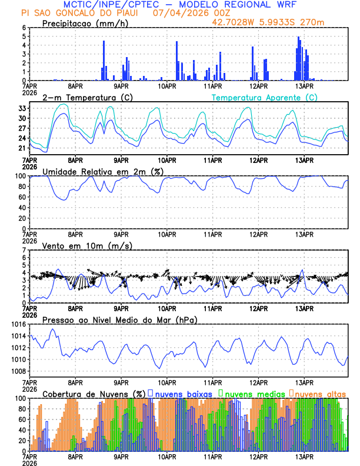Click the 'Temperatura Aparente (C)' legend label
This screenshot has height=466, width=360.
[265, 97]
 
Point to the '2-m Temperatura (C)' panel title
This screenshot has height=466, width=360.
[87, 97]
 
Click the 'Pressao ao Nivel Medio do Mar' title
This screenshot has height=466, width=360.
[119, 319]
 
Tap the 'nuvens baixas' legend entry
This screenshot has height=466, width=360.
[179, 393]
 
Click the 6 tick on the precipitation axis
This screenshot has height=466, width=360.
[24, 28]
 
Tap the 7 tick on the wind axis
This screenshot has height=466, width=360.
[24, 250]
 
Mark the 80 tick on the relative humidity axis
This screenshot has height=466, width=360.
[22, 187]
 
